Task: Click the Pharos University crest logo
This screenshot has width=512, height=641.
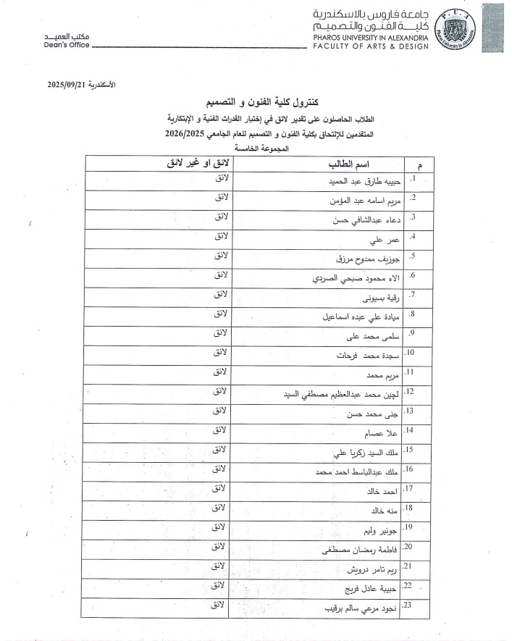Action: point(460,28)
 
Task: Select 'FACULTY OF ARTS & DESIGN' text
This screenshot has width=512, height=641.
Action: point(371,46)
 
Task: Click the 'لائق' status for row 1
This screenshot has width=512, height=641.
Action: point(222,177)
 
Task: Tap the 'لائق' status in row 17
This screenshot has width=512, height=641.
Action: point(222,488)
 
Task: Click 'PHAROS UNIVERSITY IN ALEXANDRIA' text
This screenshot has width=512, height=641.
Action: point(371,36)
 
